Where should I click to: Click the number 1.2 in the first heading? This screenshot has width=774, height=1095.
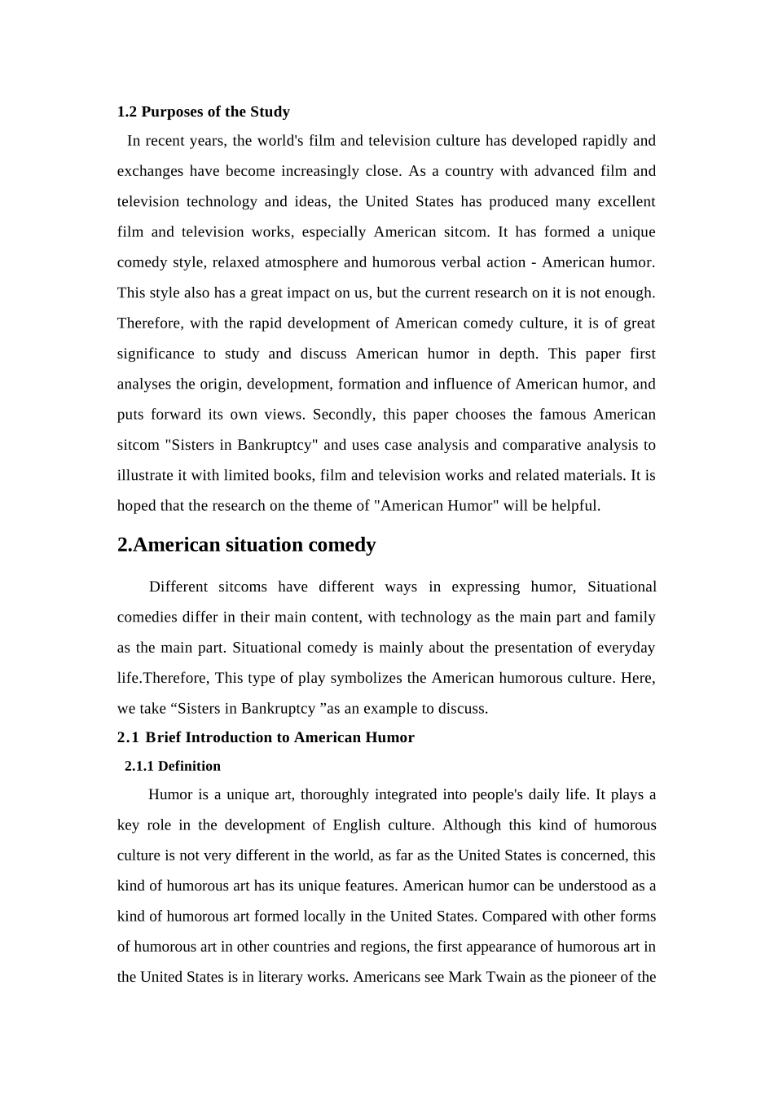pos(127,112)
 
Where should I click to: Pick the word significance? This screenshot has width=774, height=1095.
pos(156,354)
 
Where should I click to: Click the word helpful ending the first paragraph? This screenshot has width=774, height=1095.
pos(574,506)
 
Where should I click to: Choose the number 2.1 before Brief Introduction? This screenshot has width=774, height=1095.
pos(128,737)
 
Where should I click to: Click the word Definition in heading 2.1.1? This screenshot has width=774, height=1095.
pos(189,766)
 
